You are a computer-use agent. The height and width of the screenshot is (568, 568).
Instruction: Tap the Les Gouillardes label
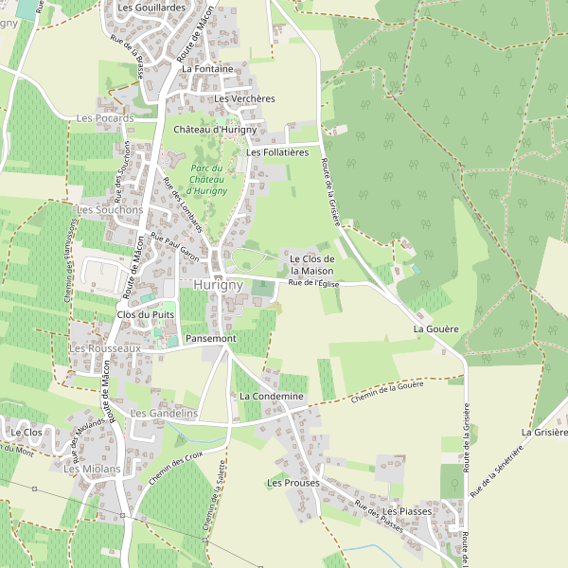152,8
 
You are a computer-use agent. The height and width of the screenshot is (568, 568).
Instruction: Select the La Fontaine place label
207,69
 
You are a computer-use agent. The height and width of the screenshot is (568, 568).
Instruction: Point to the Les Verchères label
244,98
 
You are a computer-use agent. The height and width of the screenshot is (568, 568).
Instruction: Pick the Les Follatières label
277,152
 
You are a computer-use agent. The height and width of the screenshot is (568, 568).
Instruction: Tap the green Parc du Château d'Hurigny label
208,179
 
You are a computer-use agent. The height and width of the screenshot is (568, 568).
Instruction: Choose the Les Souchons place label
110,209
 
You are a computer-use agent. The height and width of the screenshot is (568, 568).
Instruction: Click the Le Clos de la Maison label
311,265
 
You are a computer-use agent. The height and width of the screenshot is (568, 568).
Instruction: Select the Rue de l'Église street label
313,282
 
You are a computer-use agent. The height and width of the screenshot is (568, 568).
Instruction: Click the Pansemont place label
210,338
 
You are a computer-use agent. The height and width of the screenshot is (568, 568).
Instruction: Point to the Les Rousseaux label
104,348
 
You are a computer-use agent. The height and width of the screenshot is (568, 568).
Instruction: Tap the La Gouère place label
435,328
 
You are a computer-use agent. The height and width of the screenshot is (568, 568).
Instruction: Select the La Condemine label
271,396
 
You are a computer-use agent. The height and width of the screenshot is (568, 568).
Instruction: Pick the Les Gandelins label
163,414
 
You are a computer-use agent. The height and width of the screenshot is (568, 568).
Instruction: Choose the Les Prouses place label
293,483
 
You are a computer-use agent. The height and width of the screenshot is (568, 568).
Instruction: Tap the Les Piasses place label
407,511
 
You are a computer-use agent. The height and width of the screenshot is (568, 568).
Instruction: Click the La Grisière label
543,432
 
